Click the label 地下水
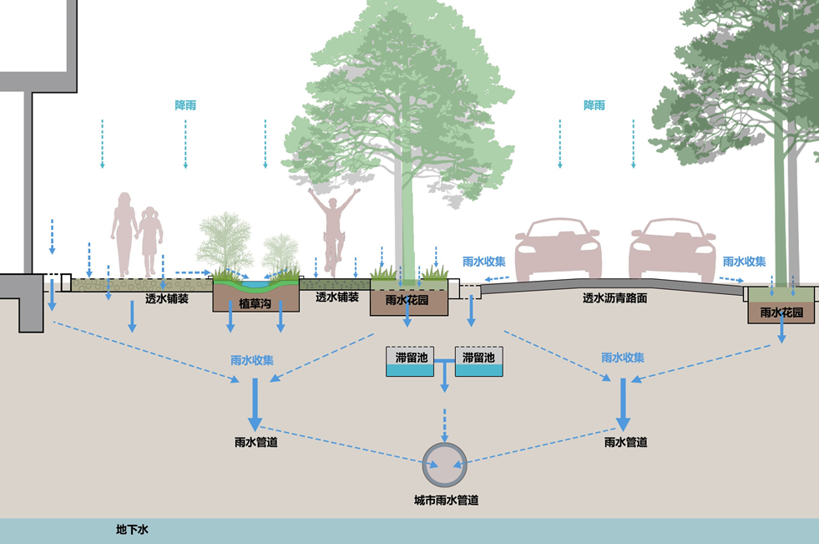point(132,530)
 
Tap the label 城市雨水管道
point(446,501)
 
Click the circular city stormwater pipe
point(445,464)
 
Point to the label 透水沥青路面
point(615,297)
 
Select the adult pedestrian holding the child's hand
point(124,234)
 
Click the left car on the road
point(558,248)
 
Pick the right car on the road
point(672,248)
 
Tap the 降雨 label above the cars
point(594,105)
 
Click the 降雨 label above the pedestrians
point(185,105)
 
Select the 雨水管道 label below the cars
point(625,441)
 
